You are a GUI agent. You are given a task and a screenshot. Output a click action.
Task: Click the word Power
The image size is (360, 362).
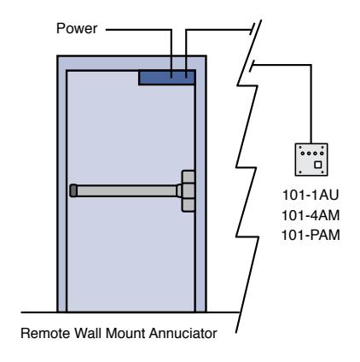[77, 28]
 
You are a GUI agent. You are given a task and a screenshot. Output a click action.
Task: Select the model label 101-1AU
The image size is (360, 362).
[311, 196]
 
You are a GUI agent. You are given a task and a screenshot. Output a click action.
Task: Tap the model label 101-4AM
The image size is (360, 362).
[311, 215]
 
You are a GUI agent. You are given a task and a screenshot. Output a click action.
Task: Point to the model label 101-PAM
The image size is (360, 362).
[311, 236]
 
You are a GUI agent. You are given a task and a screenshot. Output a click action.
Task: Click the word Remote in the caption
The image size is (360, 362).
[45, 333]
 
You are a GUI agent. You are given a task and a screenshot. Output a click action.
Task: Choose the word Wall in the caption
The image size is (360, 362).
[88, 333]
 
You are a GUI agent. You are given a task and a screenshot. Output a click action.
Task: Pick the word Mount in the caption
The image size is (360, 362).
[125, 333]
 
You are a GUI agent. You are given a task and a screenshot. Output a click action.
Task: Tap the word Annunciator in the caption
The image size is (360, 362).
[183, 333]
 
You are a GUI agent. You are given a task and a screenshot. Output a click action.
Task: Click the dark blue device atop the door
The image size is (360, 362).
[166, 78]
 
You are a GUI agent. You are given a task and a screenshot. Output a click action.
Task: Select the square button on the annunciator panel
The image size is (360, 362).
[317, 165]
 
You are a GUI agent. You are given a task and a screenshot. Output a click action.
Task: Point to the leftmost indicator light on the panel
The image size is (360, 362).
[303, 154]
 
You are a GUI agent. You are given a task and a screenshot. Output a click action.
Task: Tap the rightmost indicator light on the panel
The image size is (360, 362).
[322, 154]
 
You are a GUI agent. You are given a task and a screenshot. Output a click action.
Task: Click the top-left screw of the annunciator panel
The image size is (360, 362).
[300, 148]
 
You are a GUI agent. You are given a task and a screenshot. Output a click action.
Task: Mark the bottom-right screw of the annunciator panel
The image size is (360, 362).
[322, 172]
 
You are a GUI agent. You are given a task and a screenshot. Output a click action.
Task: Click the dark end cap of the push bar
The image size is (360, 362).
[73, 190]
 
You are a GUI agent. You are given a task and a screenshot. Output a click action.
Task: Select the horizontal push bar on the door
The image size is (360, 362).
[125, 190]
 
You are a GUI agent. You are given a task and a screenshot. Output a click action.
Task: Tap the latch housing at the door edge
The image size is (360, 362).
[189, 191]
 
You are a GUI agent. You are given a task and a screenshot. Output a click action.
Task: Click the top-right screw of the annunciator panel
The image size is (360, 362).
[322, 148]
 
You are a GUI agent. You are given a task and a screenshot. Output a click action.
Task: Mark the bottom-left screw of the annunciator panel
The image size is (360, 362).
[300, 172]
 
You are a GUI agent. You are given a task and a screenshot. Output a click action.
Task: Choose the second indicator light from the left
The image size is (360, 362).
[309, 154]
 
